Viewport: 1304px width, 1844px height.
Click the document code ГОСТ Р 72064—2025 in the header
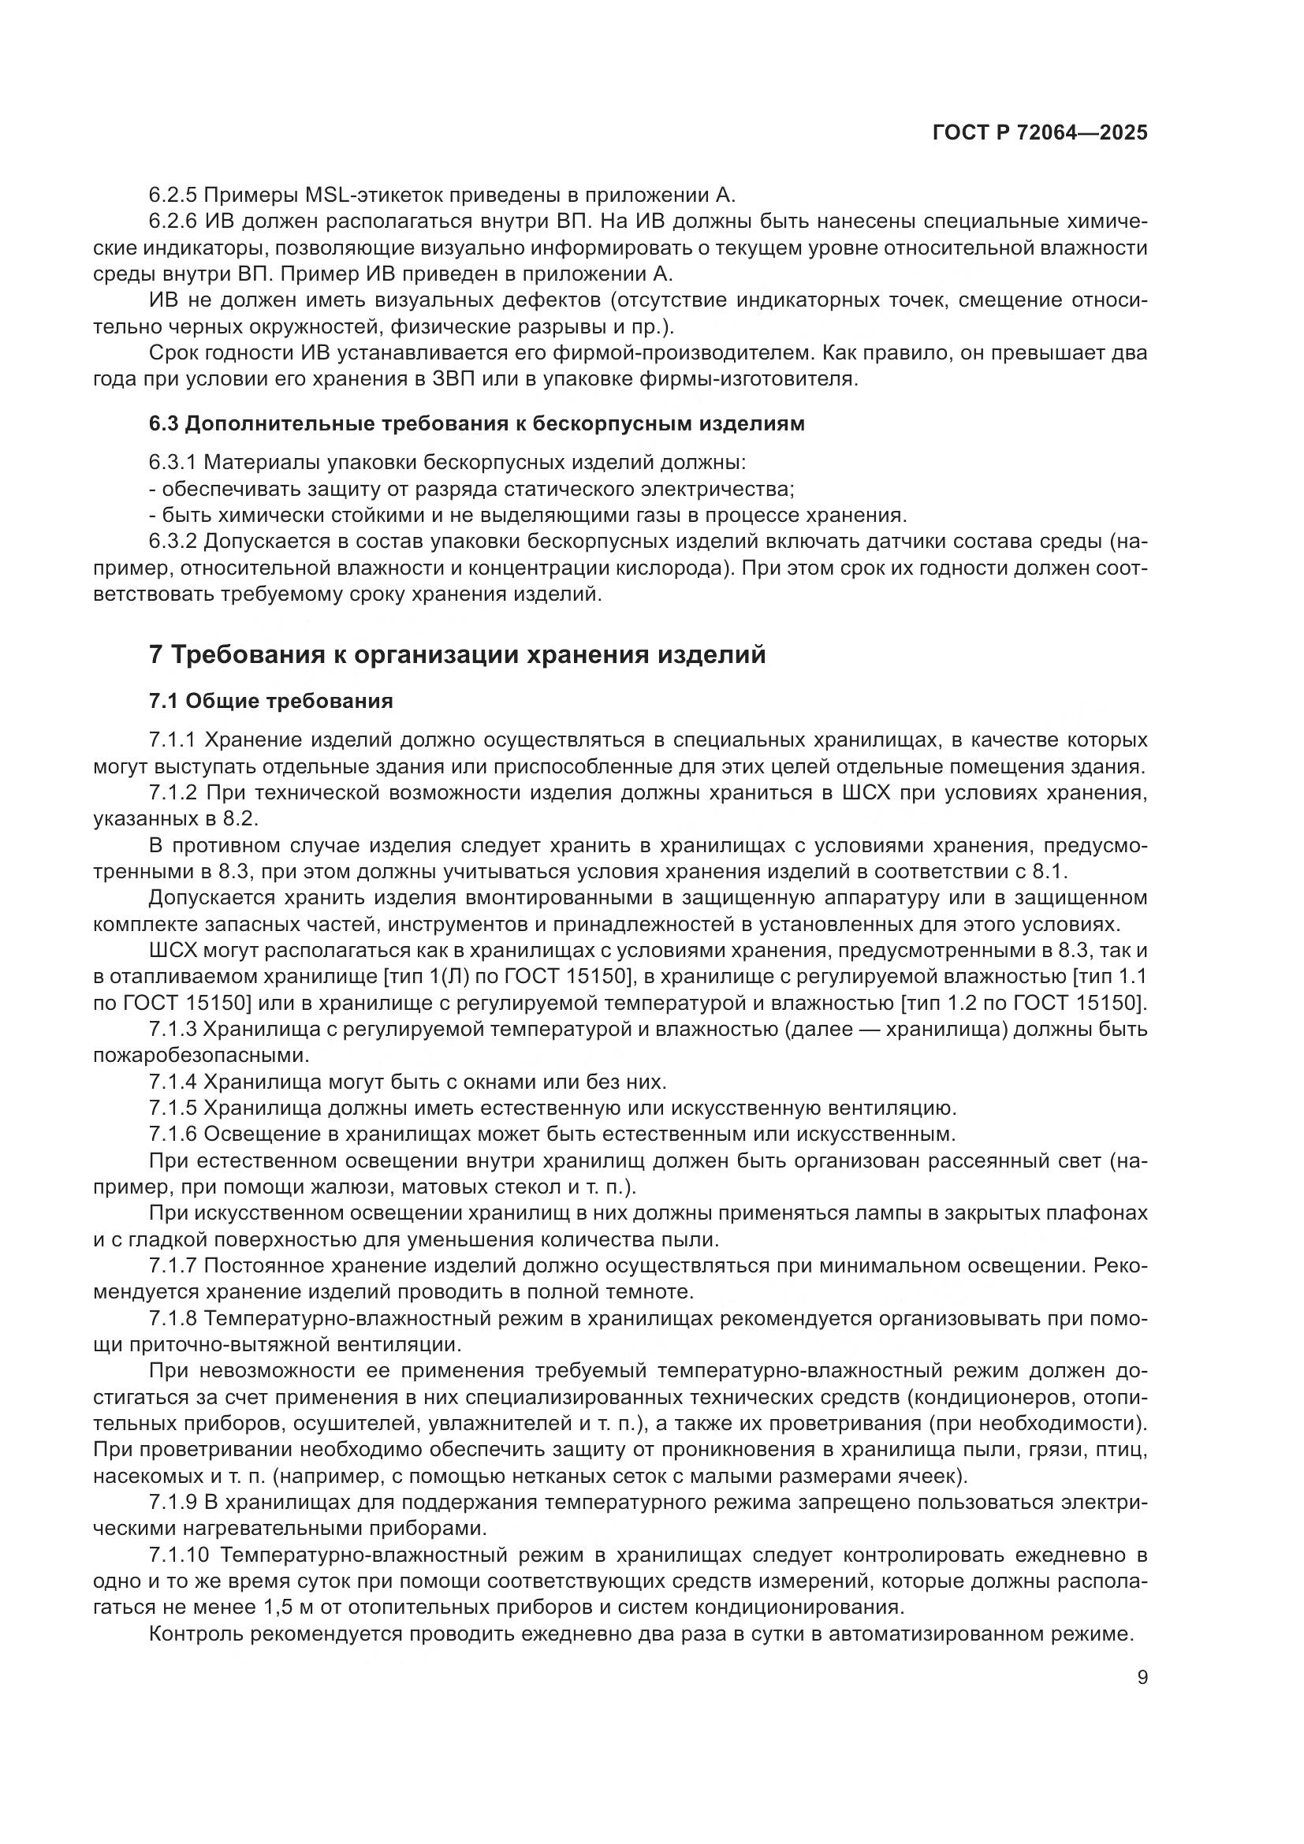(x=1040, y=133)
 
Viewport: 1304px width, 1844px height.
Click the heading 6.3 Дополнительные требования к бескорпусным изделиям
(x=476, y=424)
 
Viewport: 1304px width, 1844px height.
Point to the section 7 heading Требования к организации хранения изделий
(x=457, y=654)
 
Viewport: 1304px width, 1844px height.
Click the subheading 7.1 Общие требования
(x=270, y=701)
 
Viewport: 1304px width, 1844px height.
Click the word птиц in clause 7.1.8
(x=1127, y=1451)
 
